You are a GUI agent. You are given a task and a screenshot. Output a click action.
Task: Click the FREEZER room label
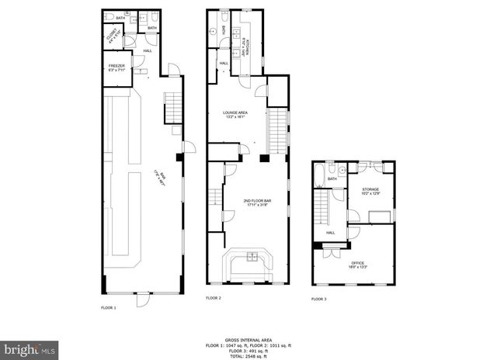coord(116,67)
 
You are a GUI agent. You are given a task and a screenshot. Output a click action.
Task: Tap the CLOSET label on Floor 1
coord(113,36)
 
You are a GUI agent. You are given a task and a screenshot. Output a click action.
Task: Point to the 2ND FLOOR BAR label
coord(252,202)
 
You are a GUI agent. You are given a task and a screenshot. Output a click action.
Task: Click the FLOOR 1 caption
coord(109,308)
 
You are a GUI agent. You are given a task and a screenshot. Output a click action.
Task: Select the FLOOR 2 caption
coord(214,298)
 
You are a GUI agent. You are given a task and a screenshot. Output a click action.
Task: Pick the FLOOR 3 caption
coord(319,299)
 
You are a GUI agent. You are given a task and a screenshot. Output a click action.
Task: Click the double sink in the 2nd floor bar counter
coord(252,257)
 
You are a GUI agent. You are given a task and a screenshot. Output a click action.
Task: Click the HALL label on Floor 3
coord(330,232)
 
